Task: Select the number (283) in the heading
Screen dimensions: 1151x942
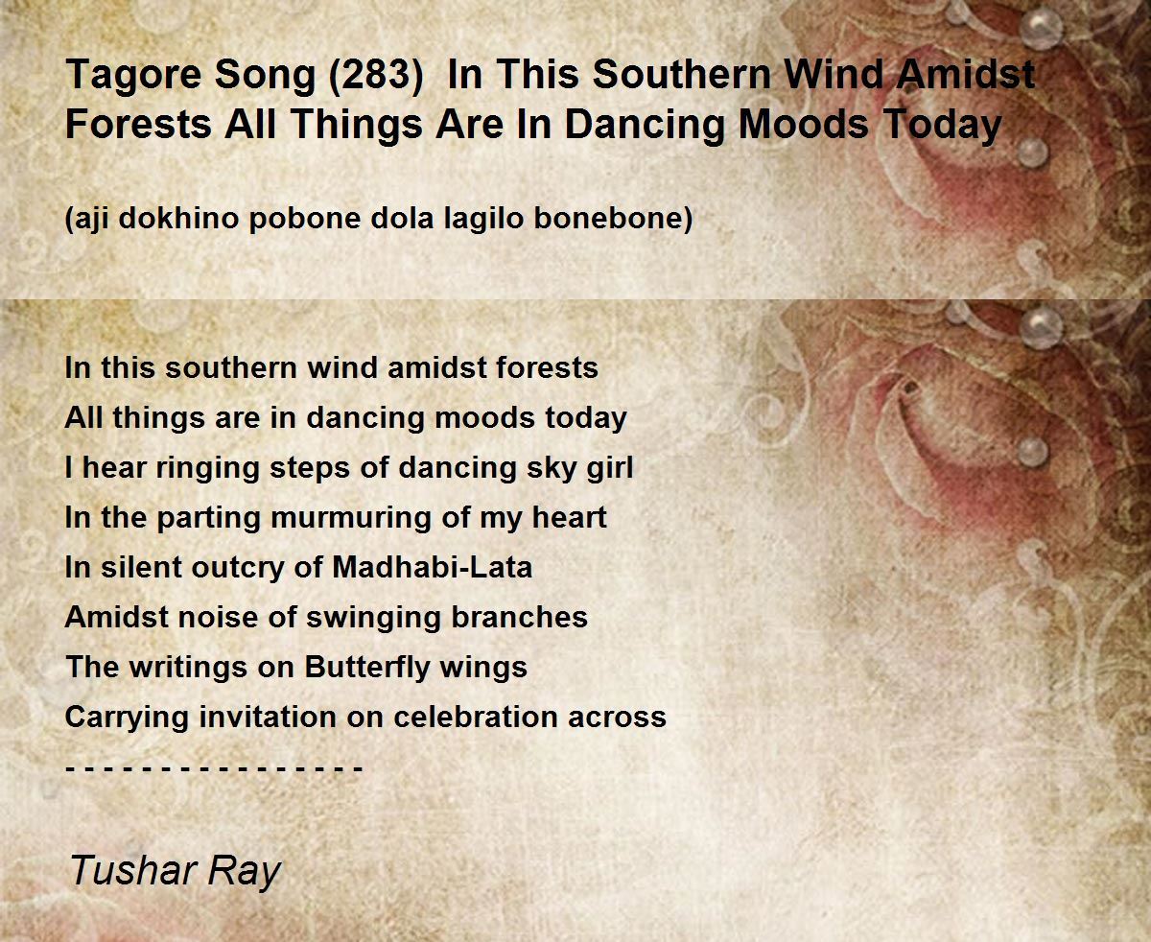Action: (376, 76)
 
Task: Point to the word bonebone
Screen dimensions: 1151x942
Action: (613, 219)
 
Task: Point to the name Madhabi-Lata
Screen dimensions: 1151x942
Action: (433, 567)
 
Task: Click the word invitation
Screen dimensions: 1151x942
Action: (267, 717)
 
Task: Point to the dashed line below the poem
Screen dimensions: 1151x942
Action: (214, 769)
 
